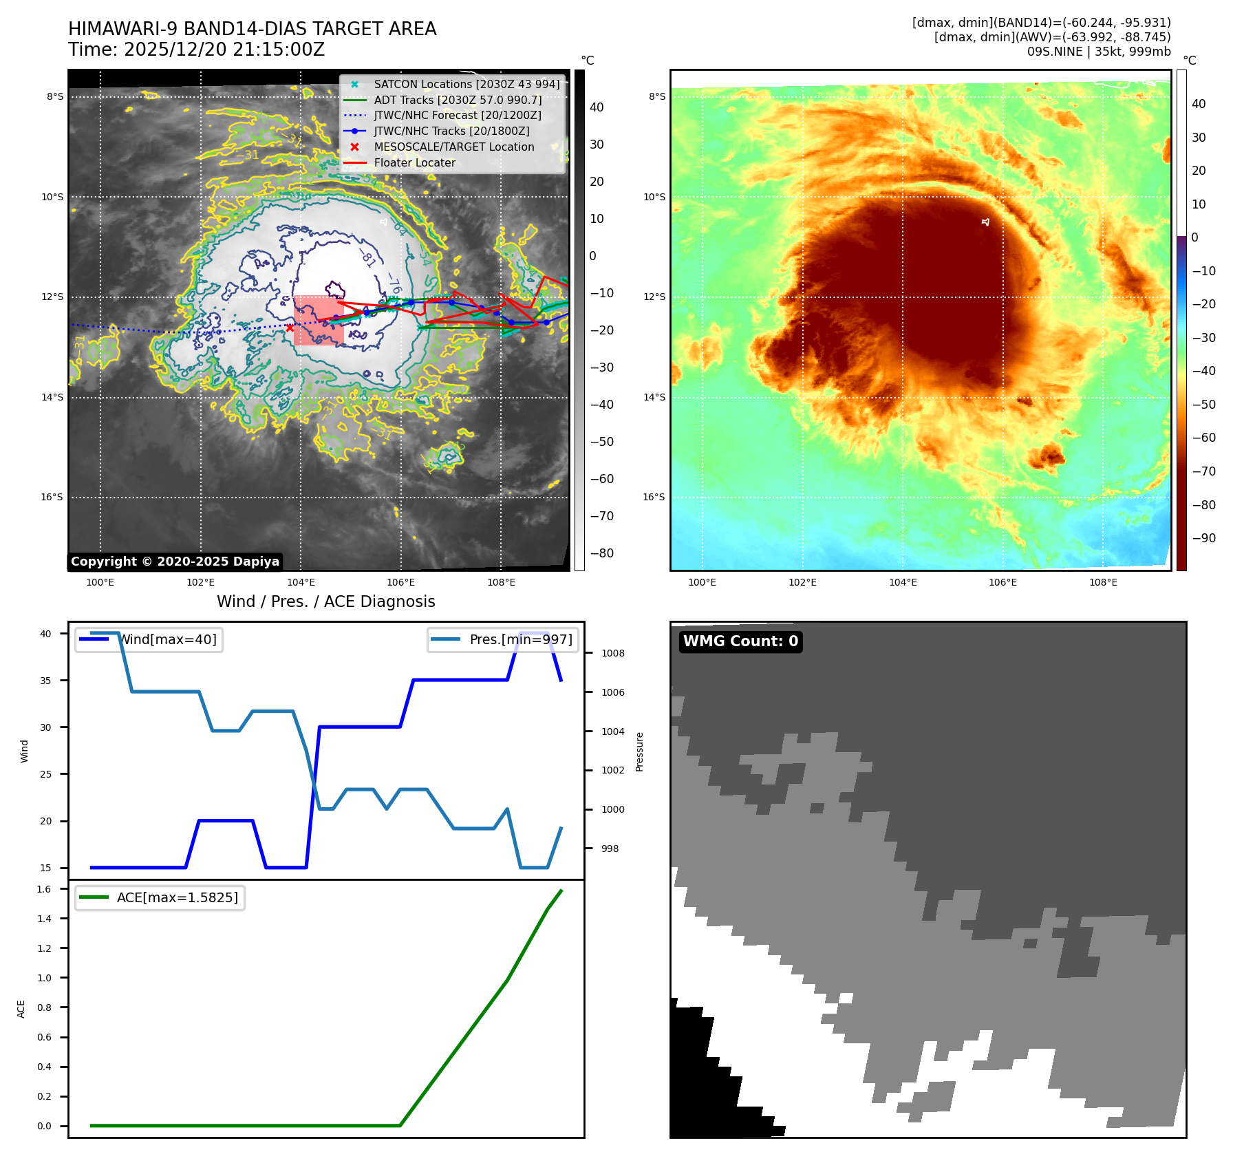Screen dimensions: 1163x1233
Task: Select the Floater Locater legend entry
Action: (414, 162)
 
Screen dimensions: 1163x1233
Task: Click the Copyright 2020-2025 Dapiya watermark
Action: (175, 562)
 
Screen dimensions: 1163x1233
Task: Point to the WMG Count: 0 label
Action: (740, 641)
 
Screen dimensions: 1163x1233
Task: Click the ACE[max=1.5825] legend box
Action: (160, 897)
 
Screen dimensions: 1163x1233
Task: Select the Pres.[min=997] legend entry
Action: (503, 639)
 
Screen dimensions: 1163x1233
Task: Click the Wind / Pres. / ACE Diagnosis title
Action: (325, 601)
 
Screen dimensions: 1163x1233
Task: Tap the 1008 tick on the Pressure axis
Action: (612, 653)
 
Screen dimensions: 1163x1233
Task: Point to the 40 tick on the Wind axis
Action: (45, 634)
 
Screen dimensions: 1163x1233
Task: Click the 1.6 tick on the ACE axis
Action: (44, 889)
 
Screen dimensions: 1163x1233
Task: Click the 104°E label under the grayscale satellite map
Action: (301, 582)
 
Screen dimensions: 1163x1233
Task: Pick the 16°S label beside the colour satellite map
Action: (654, 497)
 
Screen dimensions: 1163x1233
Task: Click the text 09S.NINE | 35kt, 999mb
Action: (1098, 52)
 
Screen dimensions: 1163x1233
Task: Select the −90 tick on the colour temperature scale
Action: (1203, 538)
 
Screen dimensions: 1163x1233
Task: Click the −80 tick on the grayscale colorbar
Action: (601, 553)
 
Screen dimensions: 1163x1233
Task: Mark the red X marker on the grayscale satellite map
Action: (290, 328)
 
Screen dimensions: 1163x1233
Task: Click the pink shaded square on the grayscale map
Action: (319, 321)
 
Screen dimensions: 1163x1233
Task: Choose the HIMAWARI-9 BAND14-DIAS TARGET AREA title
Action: (252, 29)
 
